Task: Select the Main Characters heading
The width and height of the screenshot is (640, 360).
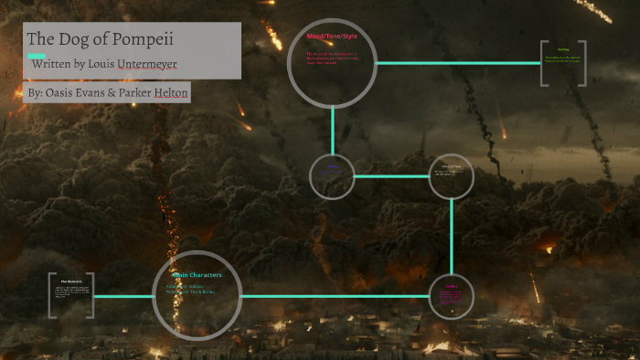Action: (196, 274)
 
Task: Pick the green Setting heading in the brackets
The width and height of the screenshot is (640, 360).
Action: (563, 50)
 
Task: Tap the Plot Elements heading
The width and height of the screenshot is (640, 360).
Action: (73, 281)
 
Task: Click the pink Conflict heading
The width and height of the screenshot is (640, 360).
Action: (451, 286)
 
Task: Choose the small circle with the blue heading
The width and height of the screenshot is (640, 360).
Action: (332, 176)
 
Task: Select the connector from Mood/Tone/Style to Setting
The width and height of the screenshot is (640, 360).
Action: (457, 63)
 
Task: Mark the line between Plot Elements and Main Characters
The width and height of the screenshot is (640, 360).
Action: (123, 296)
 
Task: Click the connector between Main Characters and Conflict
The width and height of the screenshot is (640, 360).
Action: (334, 296)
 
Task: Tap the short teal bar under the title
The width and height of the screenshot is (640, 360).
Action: (37, 56)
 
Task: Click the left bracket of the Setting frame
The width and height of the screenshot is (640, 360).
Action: (543, 64)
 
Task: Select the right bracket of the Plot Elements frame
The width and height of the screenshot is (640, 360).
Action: (93, 295)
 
